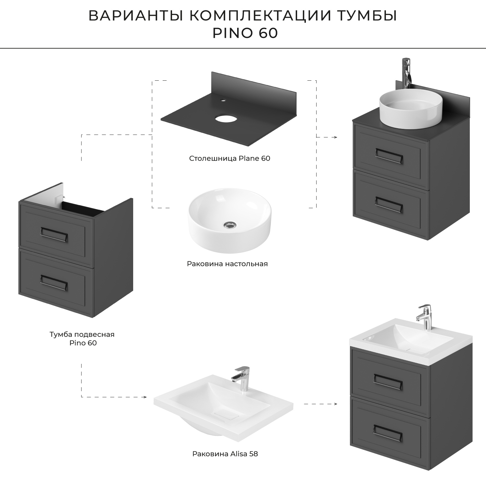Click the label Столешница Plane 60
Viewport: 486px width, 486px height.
229,158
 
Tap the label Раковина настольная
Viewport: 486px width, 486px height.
227,264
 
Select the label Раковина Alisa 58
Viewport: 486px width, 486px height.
225,454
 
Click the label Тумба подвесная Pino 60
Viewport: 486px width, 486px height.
82,338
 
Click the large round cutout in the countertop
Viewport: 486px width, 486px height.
226,119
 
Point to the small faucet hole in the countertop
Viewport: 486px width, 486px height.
223,100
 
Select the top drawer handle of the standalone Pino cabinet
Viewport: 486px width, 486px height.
54,232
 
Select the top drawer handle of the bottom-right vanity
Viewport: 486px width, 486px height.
388,379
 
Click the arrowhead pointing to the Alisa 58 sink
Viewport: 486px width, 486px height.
145,397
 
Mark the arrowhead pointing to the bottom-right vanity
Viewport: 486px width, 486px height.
335,404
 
